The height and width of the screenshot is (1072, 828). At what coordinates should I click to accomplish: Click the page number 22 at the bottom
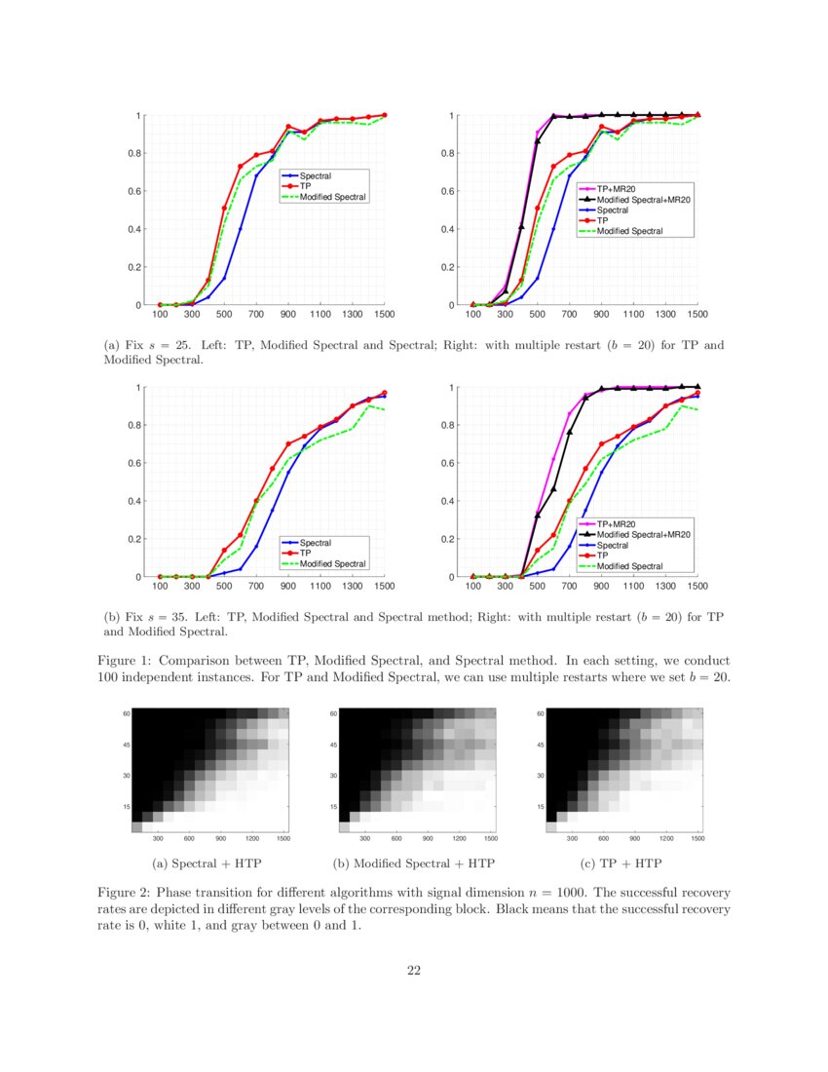point(414,970)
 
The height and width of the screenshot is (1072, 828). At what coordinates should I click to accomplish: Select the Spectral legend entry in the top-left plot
point(316,175)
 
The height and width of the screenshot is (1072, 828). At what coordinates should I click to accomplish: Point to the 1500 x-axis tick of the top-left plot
point(385,315)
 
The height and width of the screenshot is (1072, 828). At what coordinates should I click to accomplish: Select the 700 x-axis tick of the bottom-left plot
point(256,587)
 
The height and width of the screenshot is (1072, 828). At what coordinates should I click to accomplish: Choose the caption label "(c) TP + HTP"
point(621,863)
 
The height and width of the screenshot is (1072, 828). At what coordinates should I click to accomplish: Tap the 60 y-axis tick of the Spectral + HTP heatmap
point(126,713)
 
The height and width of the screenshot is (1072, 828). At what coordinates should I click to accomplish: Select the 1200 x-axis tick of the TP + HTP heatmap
point(666,838)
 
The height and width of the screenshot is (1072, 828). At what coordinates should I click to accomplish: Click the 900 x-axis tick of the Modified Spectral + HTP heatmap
point(428,838)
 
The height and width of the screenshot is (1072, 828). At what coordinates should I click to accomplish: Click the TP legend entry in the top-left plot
point(306,186)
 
